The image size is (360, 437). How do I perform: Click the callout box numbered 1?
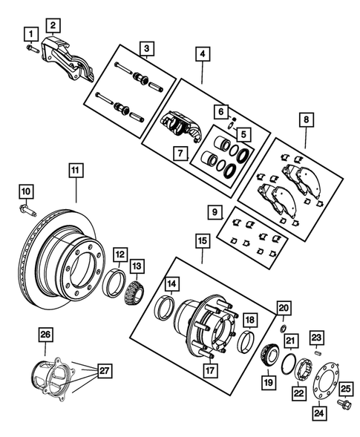(x=30, y=33)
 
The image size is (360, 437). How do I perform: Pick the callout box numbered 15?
(x=202, y=240)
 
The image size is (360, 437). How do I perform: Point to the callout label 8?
(x=306, y=117)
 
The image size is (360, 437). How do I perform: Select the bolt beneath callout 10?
(x=26, y=210)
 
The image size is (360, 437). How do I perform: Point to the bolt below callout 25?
(x=343, y=405)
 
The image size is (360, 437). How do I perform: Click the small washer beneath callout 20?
(x=283, y=326)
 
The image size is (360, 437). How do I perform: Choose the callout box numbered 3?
(x=147, y=49)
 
